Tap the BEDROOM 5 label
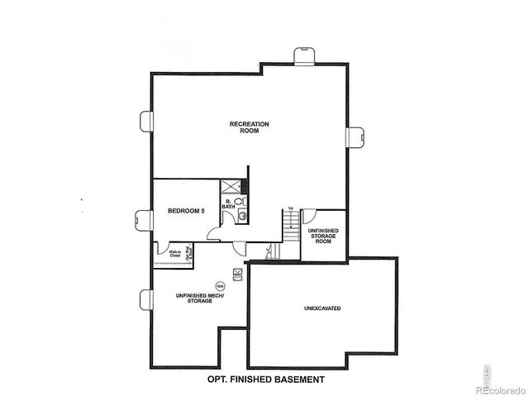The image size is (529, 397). coord(185,211)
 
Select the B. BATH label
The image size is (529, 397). coord(227,204)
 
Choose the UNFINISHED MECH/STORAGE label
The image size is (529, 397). coord(193,299)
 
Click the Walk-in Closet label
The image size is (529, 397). coord(174,256)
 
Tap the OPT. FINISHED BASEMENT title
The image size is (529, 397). coord(264,380)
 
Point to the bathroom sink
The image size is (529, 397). coord(242,217)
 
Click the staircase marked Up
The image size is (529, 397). coord(290,223)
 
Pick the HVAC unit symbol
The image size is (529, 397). coord(237,271)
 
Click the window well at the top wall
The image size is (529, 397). coord(304,54)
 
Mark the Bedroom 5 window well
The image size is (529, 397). coord(147,219)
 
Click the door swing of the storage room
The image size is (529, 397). coord(310,218)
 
